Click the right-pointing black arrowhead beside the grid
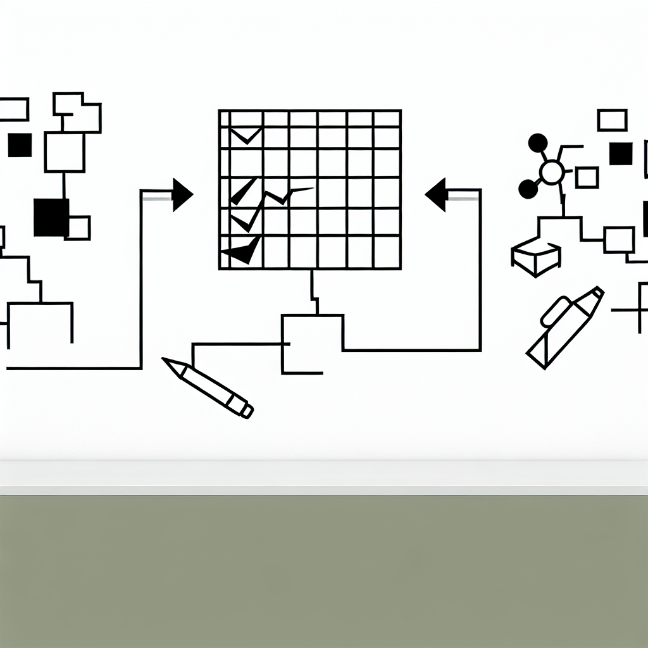click(x=181, y=194)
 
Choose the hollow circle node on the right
click(x=551, y=171)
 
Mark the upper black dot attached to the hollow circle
click(x=537, y=142)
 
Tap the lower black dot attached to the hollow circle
click(x=527, y=188)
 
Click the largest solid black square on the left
click(x=51, y=217)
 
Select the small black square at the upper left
click(x=20, y=145)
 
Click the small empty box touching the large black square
click(x=78, y=228)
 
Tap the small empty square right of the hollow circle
click(x=587, y=177)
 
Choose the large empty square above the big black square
click(x=65, y=152)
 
